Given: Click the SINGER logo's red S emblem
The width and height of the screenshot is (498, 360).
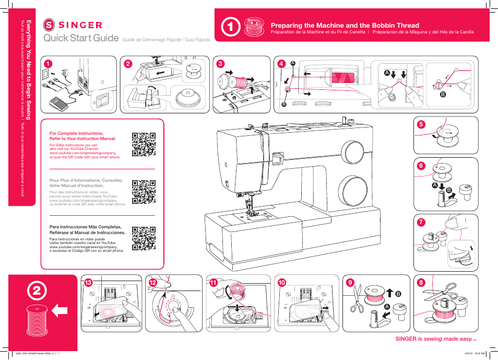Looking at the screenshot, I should pos(49,25).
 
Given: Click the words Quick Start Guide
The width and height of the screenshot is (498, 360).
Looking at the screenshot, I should pos(81,38).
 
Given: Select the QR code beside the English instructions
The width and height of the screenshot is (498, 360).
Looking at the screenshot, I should pos(144,145).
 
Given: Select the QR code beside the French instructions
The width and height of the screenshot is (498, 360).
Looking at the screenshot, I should pos(144,192).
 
